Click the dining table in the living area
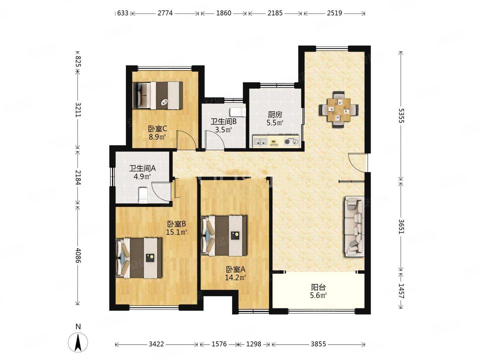(339, 110)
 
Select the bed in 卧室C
(158, 95)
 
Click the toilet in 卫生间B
(238, 112)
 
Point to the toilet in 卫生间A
(143, 195)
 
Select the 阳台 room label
(318, 287)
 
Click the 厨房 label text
(275, 115)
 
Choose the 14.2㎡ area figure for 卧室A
(236, 278)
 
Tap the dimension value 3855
(318, 344)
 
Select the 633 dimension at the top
(123, 13)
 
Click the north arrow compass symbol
(78, 342)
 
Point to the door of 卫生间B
(215, 140)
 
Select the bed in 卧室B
(139, 258)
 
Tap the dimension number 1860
(223, 13)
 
